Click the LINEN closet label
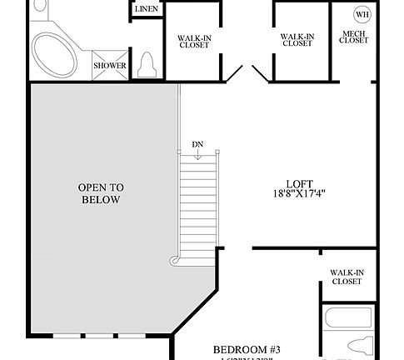click(147, 9)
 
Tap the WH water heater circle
click(362, 14)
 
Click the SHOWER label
click(109, 65)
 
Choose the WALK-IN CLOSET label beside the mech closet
click(297, 40)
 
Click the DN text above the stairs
click(197, 144)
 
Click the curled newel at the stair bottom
click(175, 261)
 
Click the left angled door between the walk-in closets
click(234, 74)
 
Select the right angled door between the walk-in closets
click(257, 74)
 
